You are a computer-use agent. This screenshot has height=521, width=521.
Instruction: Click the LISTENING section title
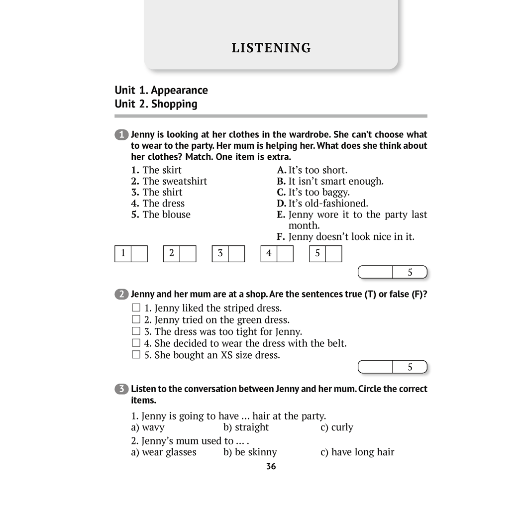click(271, 48)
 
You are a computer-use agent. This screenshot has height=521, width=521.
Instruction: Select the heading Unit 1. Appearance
click(161, 90)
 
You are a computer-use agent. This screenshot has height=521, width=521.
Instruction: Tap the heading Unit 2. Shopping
click(156, 104)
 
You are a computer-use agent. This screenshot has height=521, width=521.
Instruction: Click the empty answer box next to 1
click(139, 253)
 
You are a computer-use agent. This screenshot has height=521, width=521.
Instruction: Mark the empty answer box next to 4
click(285, 253)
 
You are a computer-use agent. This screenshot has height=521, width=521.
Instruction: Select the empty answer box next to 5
click(334, 253)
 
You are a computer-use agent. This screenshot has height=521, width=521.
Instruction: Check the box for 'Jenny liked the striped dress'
click(136, 308)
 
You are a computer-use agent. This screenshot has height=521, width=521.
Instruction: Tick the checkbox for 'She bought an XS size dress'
click(136, 355)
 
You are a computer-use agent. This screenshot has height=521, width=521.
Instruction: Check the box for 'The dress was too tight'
click(136, 331)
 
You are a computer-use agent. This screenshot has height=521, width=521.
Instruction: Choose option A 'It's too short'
click(313, 170)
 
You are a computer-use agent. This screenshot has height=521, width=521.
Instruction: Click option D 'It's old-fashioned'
click(322, 204)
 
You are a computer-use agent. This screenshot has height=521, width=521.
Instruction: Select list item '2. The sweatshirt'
click(169, 181)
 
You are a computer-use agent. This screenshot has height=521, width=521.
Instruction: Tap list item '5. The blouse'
click(161, 214)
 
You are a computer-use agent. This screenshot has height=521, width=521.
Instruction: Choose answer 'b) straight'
click(246, 427)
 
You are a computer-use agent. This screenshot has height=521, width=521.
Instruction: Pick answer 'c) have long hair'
click(357, 452)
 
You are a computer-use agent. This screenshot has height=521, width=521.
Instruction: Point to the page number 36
click(271, 466)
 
